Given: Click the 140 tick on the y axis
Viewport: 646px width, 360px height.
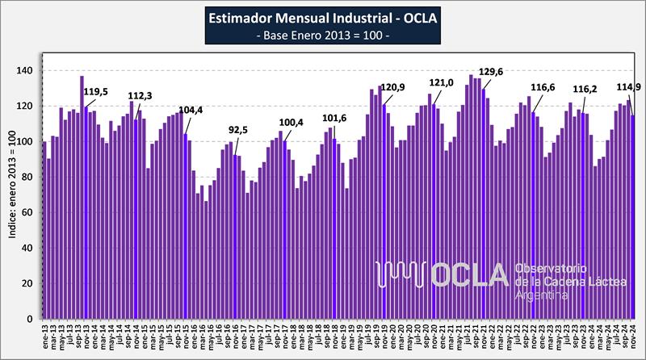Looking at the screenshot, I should [27, 71].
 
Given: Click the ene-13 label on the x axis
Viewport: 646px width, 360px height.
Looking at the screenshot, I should [44, 334].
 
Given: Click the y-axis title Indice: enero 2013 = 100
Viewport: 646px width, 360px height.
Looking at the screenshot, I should [12, 195].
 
